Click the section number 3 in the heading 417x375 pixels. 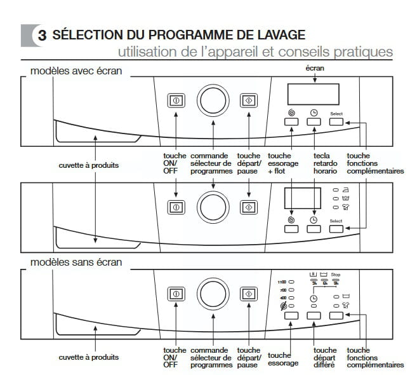coord(42,36)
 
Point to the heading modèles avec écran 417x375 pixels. coord(76,71)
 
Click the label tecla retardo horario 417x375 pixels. coord(325,163)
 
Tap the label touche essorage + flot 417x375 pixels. coord(283,163)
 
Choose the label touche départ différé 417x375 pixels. coord(325,357)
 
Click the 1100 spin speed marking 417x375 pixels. coord(282,282)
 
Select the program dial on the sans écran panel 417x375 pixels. coord(213,294)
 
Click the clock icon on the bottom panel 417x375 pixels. coord(313,298)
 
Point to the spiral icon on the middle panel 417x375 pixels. coord(291,220)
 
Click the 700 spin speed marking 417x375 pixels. coord(283,290)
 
